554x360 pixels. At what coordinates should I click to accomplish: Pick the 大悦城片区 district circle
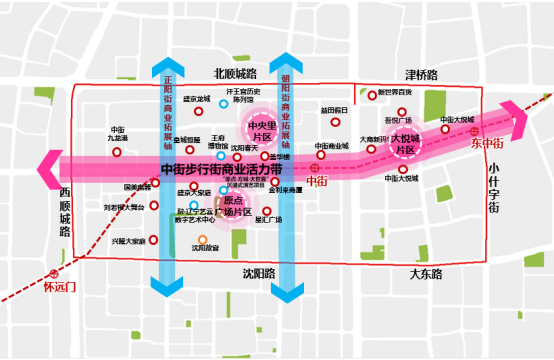click(x=408, y=142)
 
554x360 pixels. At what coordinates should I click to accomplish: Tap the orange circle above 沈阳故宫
click(x=201, y=238)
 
